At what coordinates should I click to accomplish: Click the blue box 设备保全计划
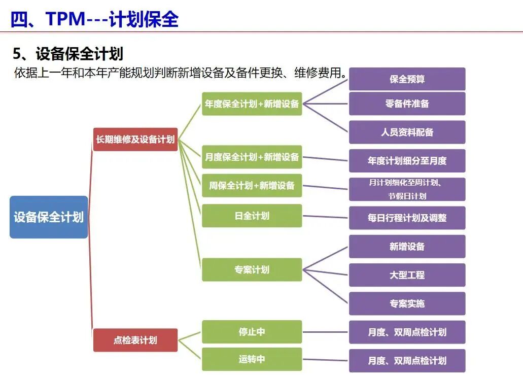tap(49, 217)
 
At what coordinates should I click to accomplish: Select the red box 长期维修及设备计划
tap(135, 140)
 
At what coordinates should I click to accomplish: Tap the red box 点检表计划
tap(135, 340)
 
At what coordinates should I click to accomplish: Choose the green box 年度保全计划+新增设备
tap(252, 104)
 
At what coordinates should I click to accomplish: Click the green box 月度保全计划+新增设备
tap(252, 157)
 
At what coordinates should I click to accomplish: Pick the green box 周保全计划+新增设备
tap(252, 186)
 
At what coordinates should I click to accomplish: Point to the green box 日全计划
tap(252, 216)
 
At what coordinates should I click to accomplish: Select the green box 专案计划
tap(252, 269)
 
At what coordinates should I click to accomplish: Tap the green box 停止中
tap(252, 332)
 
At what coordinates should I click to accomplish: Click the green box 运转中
tap(252, 359)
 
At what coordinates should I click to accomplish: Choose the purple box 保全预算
tap(407, 79)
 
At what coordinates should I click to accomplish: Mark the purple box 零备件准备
tap(407, 104)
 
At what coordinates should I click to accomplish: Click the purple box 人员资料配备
tap(407, 132)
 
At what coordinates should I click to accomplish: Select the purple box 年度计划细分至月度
tap(407, 161)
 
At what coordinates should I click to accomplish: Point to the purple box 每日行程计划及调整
tap(407, 218)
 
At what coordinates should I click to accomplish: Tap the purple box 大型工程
tap(407, 275)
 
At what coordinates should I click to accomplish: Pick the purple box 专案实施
tap(407, 303)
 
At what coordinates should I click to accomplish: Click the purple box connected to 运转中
tap(407, 361)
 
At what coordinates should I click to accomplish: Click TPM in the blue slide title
tap(66, 19)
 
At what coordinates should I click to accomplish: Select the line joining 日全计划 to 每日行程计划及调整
tap(325, 217)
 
